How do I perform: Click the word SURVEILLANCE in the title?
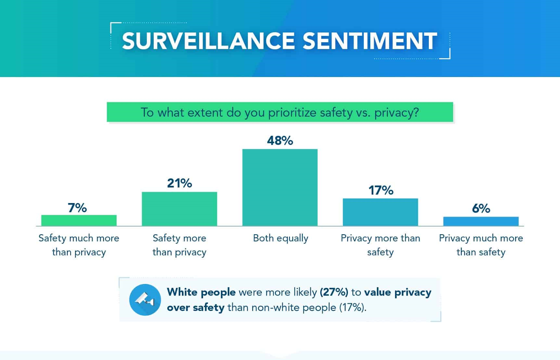[x=208, y=41]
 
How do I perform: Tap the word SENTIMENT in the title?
[x=370, y=41]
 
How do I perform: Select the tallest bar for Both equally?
[x=280, y=187]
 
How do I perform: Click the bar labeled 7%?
[x=79, y=220]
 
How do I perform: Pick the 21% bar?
[x=179, y=209]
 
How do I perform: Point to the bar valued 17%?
[x=380, y=212]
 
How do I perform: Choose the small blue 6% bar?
[x=481, y=221]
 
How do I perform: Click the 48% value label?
[x=280, y=140]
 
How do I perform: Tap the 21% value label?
[x=179, y=183]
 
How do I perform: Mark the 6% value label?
[x=481, y=208]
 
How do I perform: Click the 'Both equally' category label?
[x=280, y=238]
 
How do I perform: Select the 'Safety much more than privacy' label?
[x=79, y=245]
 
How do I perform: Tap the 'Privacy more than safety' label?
[x=380, y=245]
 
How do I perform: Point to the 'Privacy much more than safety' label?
[x=481, y=245]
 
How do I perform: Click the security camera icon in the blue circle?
[x=145, y=300]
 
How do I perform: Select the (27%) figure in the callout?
[x=334, y=292]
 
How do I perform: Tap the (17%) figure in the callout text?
[x=352, y=307]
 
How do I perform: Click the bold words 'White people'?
[x=201, y=292]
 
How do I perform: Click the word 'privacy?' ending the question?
[x=396, y=112]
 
